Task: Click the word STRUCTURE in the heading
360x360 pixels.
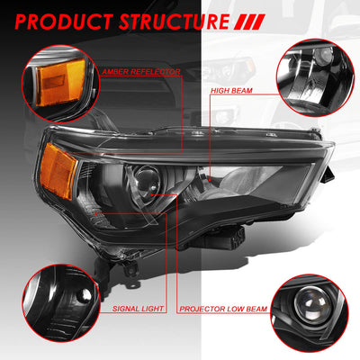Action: (x=174, y=22)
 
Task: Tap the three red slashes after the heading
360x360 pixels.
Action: (x=249, y=22)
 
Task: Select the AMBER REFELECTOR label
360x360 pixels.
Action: (x=141, y=72)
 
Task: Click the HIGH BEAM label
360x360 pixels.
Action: (x=231, y=90)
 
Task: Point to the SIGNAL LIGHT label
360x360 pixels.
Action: (x=138, y=309)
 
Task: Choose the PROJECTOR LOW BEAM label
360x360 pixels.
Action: (x=223, y=309)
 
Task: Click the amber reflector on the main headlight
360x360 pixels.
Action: (x=58, y=170)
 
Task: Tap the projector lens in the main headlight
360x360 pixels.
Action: (x=147, y=184)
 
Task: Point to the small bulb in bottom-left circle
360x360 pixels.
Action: (x=83, y=296)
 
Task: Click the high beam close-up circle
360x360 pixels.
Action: (x=315, y=78)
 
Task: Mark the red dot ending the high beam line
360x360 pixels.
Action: (x=210, y=180)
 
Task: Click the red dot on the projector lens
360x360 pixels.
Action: (x=152, y=194)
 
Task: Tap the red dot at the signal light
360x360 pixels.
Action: (x=95, y=213)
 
